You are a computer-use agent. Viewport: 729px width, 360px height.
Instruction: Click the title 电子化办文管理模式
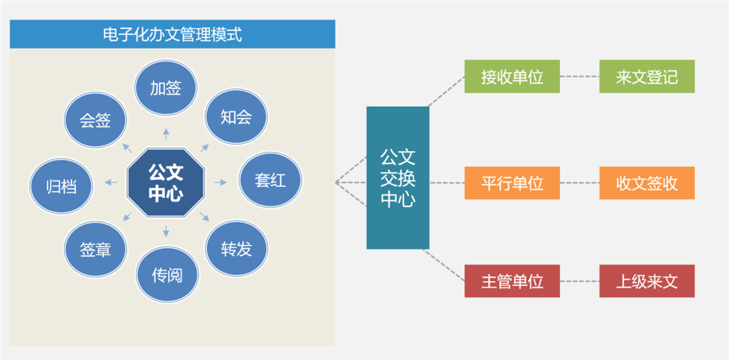172,34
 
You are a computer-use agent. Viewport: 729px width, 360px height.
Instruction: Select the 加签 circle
166,88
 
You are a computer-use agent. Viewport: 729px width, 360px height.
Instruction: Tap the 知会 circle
236,117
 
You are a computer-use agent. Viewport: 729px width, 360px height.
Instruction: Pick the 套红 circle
270,180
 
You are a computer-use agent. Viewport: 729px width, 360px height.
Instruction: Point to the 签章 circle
95,249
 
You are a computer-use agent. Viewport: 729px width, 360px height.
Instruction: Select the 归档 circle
61,186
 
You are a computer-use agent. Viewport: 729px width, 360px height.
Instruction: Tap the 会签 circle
95,121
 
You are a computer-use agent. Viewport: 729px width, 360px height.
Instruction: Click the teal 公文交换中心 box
398,178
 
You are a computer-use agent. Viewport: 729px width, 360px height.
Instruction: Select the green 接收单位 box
512,77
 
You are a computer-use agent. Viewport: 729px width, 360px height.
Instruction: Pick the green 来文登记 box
647,77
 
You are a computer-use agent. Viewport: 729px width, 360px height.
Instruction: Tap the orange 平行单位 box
512,183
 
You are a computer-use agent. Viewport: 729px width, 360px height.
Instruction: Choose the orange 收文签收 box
647,183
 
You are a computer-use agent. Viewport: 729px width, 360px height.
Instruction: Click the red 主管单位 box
512,281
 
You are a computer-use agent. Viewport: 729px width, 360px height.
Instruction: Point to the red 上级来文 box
647,281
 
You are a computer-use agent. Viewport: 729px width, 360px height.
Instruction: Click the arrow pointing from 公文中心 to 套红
220,182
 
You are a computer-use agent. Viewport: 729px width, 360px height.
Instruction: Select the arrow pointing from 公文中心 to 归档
111,182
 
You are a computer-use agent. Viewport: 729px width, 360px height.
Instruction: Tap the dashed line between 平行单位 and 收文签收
580,183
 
